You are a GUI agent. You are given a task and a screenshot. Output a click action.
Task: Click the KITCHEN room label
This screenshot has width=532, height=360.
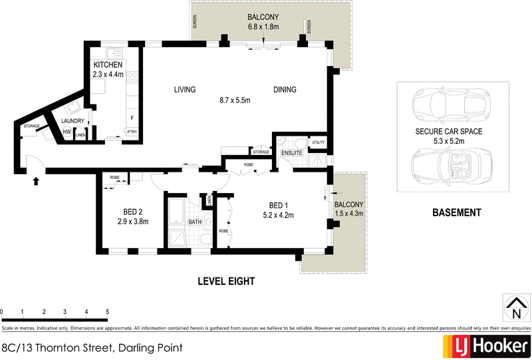point(107,65)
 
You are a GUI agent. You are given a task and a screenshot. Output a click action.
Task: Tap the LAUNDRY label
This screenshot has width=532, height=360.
point(72,120)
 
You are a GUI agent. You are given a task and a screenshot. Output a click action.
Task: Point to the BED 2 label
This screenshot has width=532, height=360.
point(132,212)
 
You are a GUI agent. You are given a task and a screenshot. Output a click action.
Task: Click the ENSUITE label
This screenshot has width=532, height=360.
point(291,153)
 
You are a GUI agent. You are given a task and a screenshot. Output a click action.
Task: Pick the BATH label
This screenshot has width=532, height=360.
point(195,222)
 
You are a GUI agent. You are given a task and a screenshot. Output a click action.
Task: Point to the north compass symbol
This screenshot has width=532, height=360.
point(515,307)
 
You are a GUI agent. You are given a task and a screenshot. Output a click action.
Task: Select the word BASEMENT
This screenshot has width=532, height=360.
point(456,213)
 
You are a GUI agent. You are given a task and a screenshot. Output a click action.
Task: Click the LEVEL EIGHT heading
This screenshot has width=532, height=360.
point(226,281)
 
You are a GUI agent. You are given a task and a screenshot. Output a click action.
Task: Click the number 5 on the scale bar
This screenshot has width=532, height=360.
point(107,311)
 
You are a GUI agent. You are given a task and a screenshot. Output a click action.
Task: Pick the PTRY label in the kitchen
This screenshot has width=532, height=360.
point(132,132)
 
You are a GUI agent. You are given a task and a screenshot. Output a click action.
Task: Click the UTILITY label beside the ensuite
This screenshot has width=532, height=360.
point(317,142)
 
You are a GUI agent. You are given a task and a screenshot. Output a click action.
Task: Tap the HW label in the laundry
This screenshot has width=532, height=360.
point(66,132)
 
